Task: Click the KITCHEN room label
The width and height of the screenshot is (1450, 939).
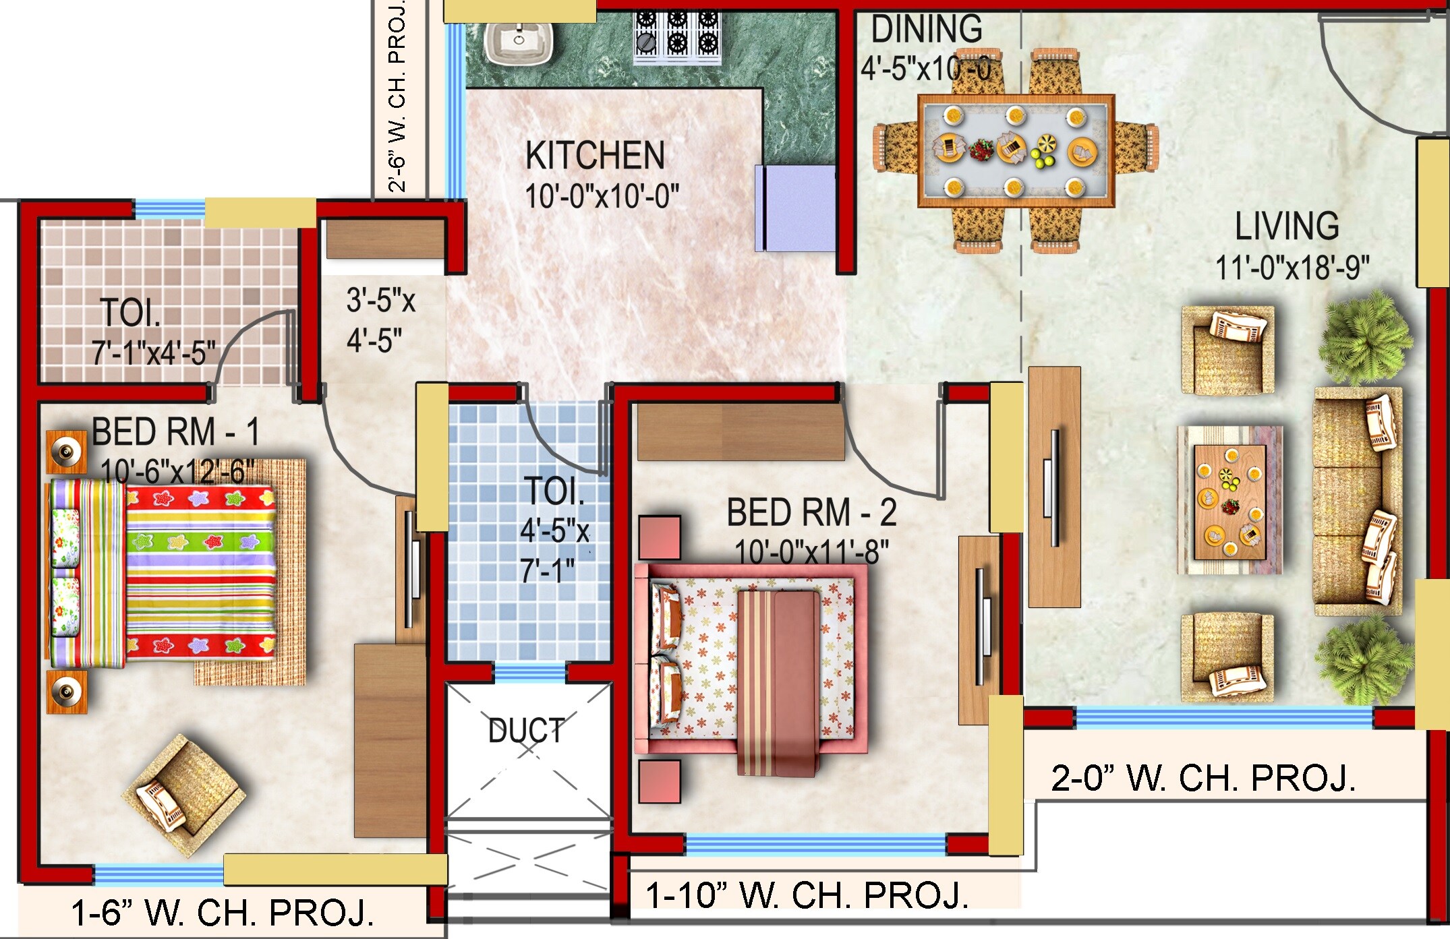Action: tap(595, 156)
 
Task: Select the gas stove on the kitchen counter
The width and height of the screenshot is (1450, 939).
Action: tap(676, 37)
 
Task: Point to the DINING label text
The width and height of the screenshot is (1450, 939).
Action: tap(927, 30)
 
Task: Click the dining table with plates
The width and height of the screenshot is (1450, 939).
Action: tap(1015, 150)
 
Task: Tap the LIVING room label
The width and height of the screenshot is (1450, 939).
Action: tap(1286, 226)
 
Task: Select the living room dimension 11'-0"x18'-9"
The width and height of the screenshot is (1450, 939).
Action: tap(1292, 268)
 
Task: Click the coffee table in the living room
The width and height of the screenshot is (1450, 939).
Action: tap(1229, 502)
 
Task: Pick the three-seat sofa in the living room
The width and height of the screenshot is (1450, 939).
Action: tap(1356, 500)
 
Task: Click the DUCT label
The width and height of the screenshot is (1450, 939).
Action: tap(526, 731)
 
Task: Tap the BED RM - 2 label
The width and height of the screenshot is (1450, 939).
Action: tap(811, 513)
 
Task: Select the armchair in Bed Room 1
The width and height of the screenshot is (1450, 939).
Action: tap(183, 794)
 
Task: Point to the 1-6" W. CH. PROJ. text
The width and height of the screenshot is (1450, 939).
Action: tap(223, 913)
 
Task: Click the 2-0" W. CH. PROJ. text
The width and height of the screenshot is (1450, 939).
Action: tap(1203, 778)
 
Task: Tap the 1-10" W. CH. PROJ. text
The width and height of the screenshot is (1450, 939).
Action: tap(807, 895)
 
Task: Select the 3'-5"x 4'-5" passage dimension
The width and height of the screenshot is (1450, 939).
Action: tap(379, 320)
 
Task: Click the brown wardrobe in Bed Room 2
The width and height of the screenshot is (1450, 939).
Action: tap(741, 431)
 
